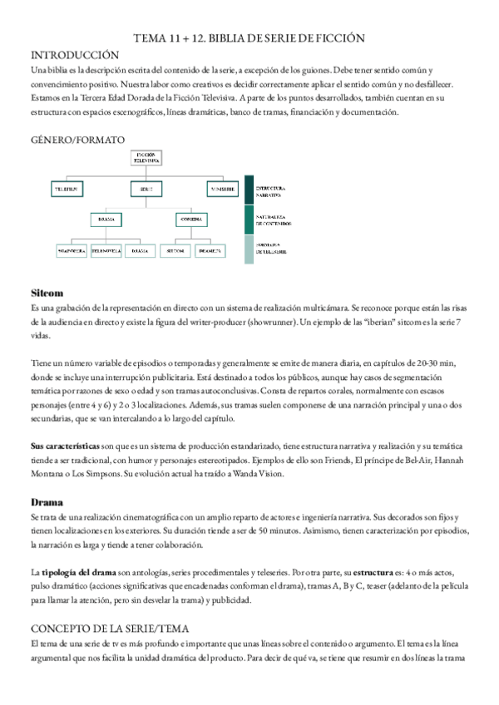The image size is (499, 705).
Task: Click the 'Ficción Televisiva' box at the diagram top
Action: pyautogui.click(x=146, y=159)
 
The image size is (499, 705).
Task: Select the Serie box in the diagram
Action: pyautogui.click(x=146, y=190)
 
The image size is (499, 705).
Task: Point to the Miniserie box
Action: pyautogui.click(x=223, y=190)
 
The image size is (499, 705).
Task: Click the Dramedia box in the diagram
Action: pyautogui.click(x=208, y=249)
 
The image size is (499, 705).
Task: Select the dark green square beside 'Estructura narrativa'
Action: pyautogui.click(x=249, y=190)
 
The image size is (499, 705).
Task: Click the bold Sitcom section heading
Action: pyautogui.click(x=47, y=293)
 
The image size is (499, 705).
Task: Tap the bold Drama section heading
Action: pyautogui.click(x=47, y=502)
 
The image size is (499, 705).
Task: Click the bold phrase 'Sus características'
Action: pyautogui.click(x=64, y=446)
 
